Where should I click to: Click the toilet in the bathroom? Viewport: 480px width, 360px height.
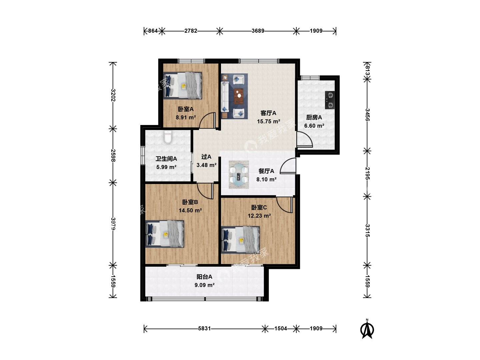tap(168, 137)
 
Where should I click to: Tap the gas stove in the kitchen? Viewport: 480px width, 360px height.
tap(330, 100)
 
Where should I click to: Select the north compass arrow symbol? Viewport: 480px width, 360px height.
tap(367, 329)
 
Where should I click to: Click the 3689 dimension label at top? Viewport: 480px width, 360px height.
tap(258, 31)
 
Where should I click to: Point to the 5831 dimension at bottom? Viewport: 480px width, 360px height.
tap(204, 329)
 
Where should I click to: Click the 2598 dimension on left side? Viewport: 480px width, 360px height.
tap(113, 155)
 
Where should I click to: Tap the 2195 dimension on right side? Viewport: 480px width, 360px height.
tap(367, 174)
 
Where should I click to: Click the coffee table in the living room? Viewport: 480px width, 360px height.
tap(239, 96)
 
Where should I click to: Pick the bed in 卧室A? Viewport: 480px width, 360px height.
tap(183, 85)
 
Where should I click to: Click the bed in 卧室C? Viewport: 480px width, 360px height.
tap(241, 240)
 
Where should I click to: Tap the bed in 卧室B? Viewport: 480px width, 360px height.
tap(165, 234)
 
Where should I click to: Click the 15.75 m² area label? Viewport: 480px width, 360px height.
tap(269, 121)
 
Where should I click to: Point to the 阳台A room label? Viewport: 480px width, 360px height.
tap(204, 277)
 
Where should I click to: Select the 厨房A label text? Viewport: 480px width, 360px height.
tap(314, 117)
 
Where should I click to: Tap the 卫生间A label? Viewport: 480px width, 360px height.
tap(166, 159)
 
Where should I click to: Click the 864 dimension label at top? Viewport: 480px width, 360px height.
tap(153, 31)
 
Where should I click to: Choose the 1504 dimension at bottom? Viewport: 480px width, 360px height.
tap(281, 329)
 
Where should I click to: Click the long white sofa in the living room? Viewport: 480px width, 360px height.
tap(225, 97)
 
